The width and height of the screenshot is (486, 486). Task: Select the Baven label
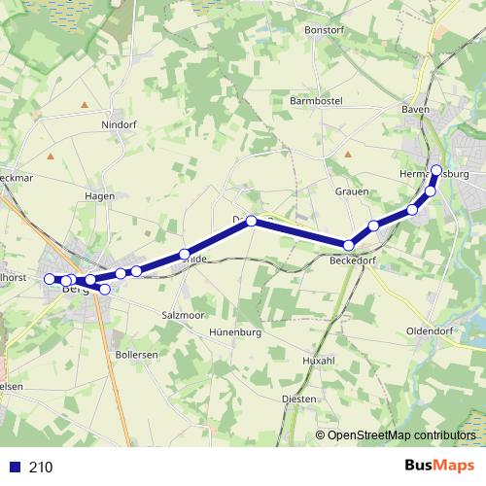pyautogui.click(x=415, y=110)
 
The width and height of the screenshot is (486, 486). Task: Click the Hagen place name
pyautogui.click(x=100, y=195)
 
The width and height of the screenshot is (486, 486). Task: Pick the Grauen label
pyautogui.click(x=352, y=192)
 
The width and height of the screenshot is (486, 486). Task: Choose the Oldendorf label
pyautogui.click(x=431, y=331)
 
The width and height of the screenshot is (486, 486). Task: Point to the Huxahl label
pyautogui.click(x=319, y=361)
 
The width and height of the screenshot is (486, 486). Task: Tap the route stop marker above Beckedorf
pyautogui.click(x=348, y=244)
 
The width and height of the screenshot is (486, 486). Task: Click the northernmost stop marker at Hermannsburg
pyautogui.click(x=436, y=171)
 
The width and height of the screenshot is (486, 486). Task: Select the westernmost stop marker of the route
pyautogui.click(x=50, y=279)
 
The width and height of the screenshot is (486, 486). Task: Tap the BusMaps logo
pyautogui.click(x=438, y=467)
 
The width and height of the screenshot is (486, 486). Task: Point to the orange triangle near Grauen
pyautogui.click(x=347, y=154)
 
